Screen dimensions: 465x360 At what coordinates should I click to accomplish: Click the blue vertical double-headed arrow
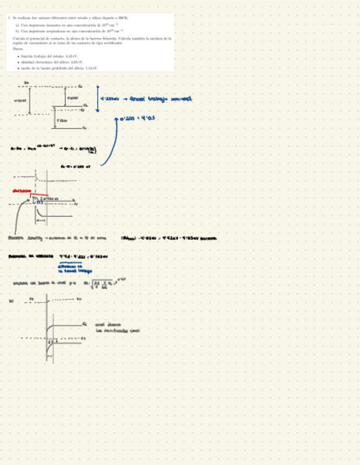(x=97, y=99)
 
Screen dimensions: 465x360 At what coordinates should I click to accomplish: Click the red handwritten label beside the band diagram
(x=22, y=191)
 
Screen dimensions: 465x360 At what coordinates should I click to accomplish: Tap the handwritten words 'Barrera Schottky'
(x=25, y=239)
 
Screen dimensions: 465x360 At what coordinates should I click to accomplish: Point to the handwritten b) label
(x=11, y=300)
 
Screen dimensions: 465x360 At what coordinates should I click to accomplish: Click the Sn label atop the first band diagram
(x=26, y=82)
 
